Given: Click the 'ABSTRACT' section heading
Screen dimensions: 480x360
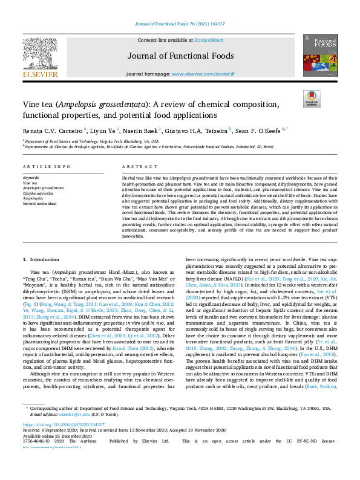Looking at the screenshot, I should pyautogui.click(x=136, y=166).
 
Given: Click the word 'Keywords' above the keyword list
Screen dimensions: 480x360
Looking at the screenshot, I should pyautogui.click(x=31, y=177).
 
